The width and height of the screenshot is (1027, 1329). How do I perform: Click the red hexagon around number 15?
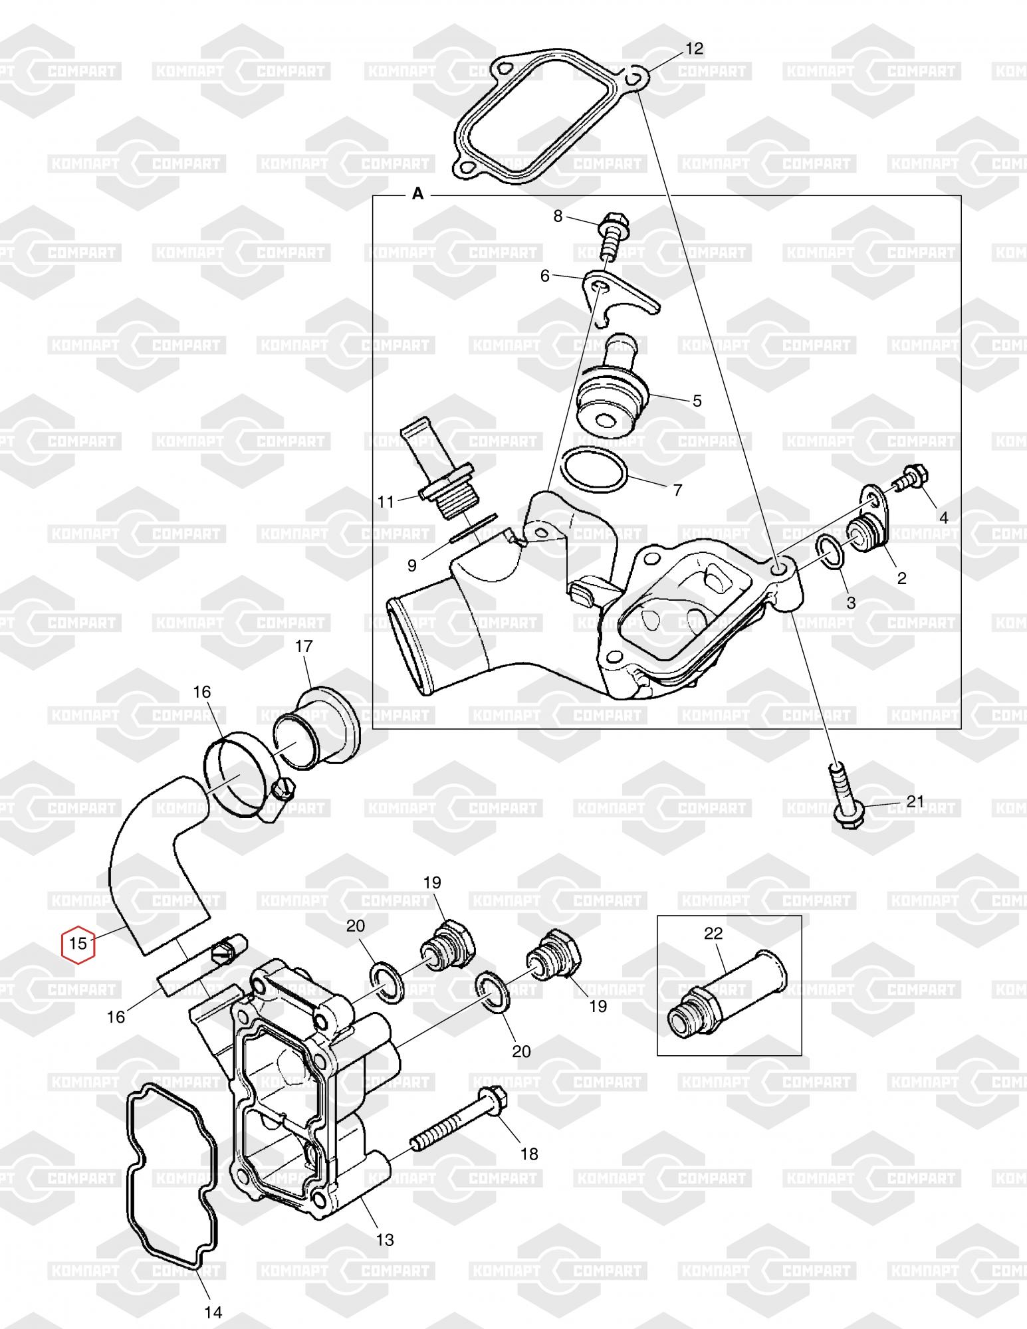78,943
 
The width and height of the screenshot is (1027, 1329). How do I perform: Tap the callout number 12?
694,49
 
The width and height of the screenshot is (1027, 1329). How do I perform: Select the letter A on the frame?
417,193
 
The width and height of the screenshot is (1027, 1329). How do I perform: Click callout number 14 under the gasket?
213,1312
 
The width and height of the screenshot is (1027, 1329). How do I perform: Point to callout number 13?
386,1240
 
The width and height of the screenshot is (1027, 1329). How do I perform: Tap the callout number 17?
303,645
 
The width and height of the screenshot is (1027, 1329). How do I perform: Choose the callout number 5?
697,401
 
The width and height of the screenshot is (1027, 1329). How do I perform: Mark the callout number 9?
412,565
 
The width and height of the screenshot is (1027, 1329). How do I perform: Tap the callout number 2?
902,578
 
